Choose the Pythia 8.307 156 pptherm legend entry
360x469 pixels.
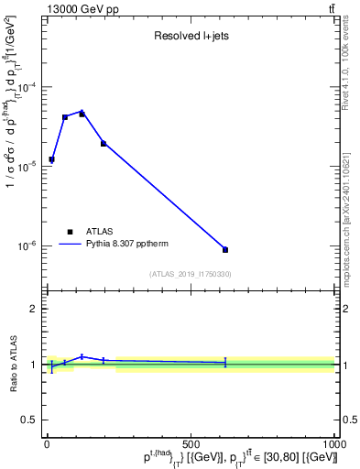[x=124, y=245]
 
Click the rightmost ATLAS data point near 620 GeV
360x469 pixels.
[x=225, y=249]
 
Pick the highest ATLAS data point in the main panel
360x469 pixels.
[x=82, y=114]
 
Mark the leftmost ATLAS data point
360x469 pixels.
[x=51, y=159]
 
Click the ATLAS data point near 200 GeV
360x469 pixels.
[x=104, y=143]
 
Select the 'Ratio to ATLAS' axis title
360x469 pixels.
[x=12, y=364]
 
